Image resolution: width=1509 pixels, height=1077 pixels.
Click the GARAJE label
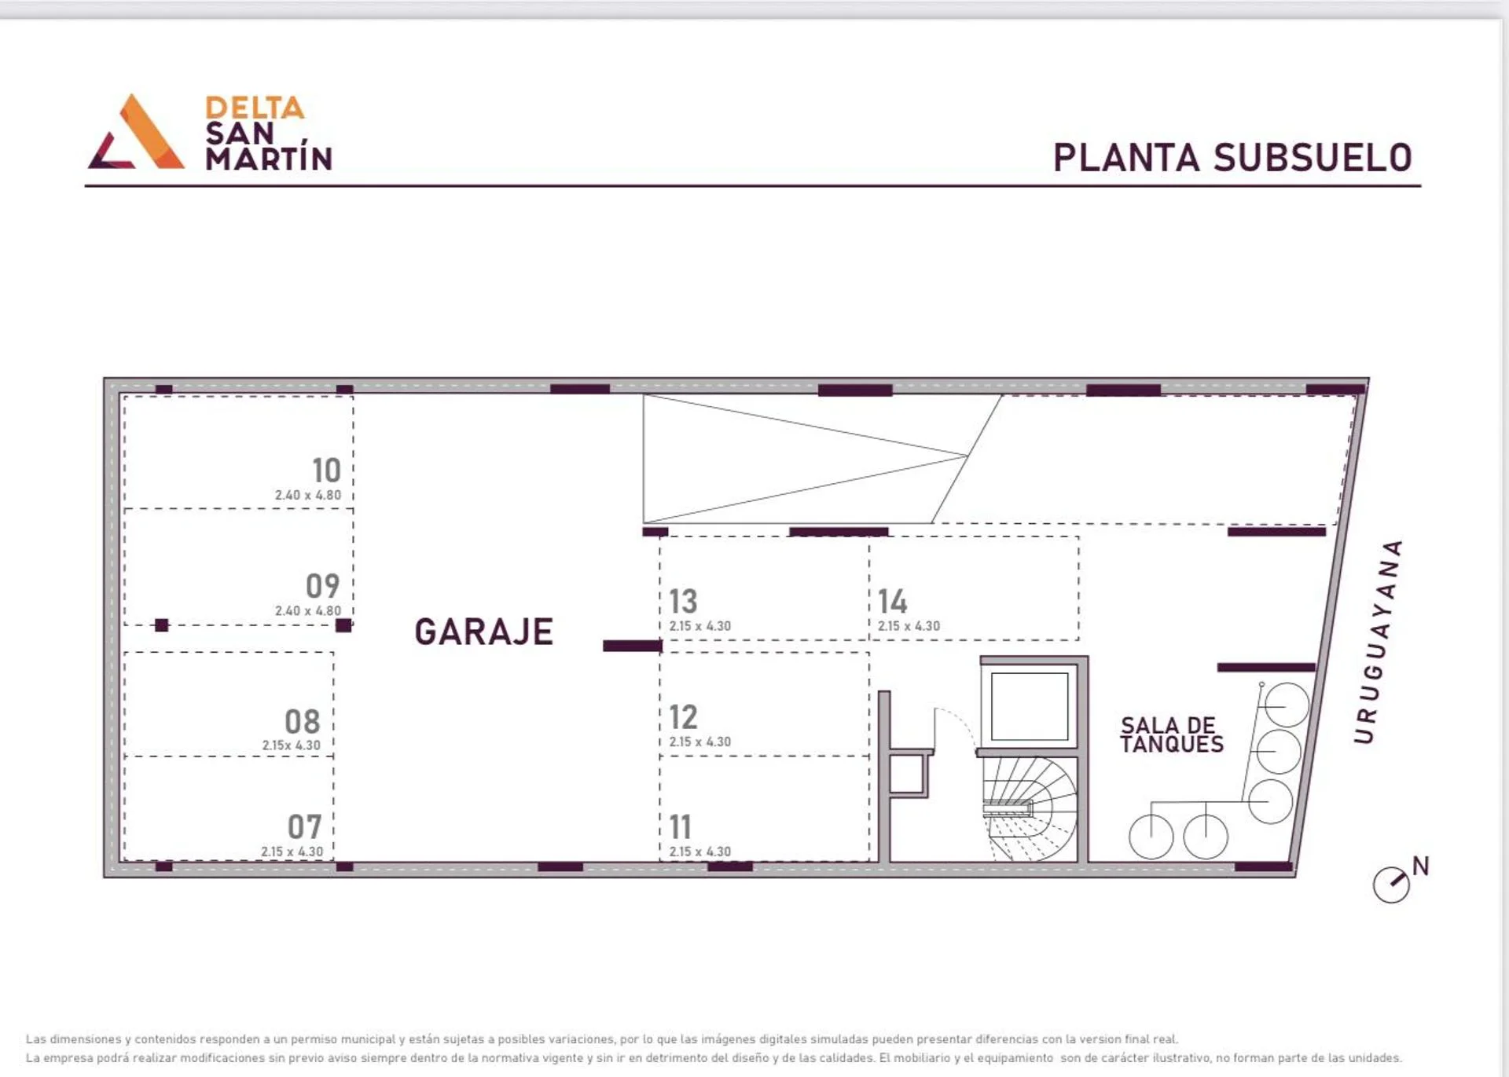pyautogui.click(x=484, y=632)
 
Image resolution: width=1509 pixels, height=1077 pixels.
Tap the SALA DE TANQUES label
pyautogui.click(x=1172, y=735)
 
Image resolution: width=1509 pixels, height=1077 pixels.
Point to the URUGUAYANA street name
pyautogui.click(x=1378, y=641)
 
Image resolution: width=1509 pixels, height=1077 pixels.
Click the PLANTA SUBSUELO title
pyautogui.click(x=1232, y=158)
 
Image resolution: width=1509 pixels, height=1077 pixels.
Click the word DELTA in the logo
pyautogui.click(x=255, y=108)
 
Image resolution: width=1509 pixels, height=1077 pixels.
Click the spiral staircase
pyautogui.click(x=1030, y=809)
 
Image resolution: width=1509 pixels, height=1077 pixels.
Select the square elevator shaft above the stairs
pyautogui.click(x=1030, y=706)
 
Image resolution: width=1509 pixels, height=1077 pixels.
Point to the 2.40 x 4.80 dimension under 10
pyautogui.click(x=308, y=496)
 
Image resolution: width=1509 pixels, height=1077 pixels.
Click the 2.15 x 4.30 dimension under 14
pyautogui.click(x=909, y=626)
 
